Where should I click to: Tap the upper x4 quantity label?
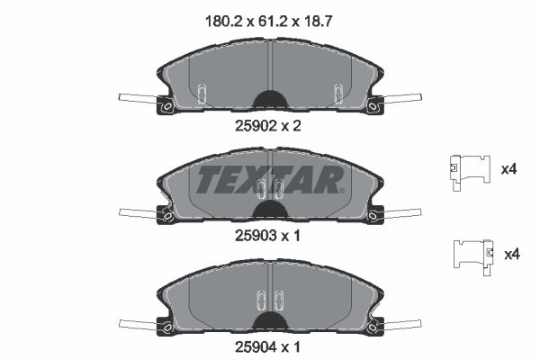(x=508, y=167)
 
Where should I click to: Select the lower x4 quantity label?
(x=510, y=255)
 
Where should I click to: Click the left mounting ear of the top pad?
(x=166, y=108)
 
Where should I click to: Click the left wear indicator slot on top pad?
(x=202, y=92)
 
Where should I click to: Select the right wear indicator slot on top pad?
(x=338, y=92)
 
